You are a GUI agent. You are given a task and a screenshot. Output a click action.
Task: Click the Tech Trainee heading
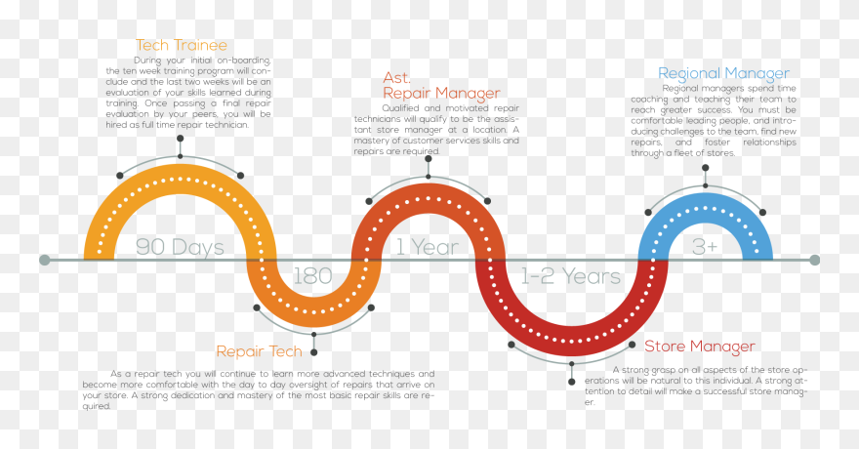(181, 45)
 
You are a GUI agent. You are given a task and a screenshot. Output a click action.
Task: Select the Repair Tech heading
(260, 351)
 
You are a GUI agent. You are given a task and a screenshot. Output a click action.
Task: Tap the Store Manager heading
(699, 347)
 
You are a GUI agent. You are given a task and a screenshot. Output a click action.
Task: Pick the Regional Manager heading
(723, 73)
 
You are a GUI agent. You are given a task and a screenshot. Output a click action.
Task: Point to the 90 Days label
(180, 247)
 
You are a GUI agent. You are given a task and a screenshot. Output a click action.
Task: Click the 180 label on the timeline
(312, 276)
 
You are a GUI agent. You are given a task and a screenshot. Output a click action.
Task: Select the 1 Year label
(427, 247)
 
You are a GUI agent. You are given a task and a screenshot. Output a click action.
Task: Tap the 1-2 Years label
(570, 276)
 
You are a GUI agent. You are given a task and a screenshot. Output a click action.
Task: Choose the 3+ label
(705, 247)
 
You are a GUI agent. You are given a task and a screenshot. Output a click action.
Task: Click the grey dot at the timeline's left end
(45, 260)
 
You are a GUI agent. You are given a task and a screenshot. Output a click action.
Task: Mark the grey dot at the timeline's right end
(815, 260)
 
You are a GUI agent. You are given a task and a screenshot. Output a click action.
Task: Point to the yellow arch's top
(180, 172)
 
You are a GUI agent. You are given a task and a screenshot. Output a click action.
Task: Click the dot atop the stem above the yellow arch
(180, 139)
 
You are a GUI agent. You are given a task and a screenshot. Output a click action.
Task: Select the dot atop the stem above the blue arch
(705, 168)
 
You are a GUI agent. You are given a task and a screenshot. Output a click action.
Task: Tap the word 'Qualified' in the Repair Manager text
(401, 107)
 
